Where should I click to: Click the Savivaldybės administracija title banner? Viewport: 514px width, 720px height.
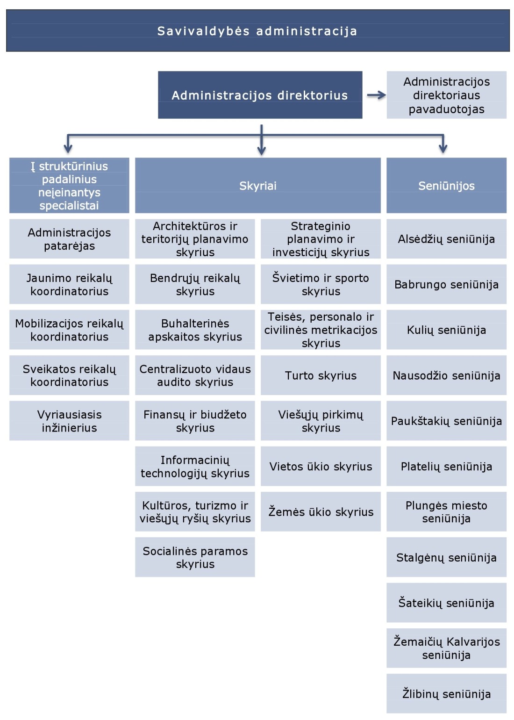click(257, 31)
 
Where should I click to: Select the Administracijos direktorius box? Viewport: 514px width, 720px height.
click(260, 95)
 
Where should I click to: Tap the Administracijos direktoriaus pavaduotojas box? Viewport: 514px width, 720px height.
click(446, 95)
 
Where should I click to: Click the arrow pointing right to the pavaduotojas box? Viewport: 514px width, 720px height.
click(376, 95)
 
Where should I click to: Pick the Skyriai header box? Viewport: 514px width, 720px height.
click(257, 186)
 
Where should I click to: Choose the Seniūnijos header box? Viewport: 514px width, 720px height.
click(446, 186)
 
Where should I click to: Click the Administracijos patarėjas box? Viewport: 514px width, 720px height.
click(69, 239)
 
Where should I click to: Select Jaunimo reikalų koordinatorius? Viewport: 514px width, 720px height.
click(69, 284)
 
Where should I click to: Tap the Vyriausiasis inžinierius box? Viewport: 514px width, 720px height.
click(69, 421)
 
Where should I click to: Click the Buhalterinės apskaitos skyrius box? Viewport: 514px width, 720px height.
click(195, 330)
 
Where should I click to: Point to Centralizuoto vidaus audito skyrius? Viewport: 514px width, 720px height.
click(195, 375)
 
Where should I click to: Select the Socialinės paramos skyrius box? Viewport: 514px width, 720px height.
click(195, 557)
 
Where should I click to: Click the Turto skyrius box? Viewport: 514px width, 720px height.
click(321, 375)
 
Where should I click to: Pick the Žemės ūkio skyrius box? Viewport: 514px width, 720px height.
click(321, 512)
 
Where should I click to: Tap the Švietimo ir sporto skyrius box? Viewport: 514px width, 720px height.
click(321, 284)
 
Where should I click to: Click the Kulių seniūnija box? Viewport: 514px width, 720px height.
click(446, 330)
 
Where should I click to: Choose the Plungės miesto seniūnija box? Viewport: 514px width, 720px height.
click(446, 512)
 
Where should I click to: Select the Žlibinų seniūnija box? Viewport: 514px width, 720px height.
click(446, 694)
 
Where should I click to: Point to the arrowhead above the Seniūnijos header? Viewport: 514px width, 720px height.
click(443, 149)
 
